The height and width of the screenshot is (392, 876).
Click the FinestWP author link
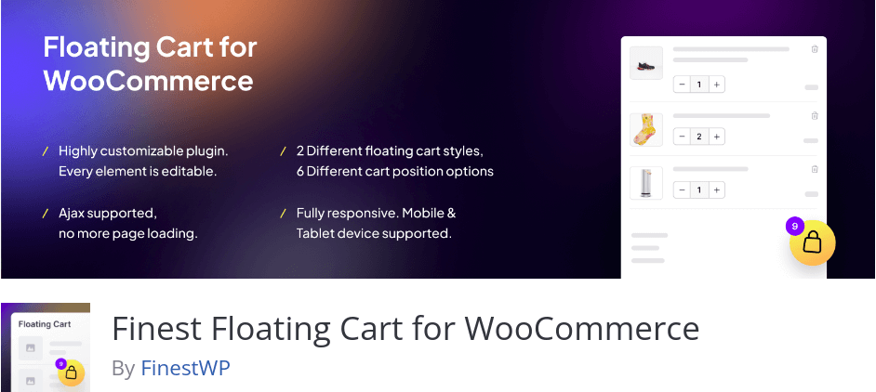[185, 368]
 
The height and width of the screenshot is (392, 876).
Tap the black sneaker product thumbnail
[645, 63]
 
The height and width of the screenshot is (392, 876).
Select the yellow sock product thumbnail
[645, 130]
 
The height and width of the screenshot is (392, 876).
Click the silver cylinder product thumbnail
[645, 183]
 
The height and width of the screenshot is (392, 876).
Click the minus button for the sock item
[682, 137]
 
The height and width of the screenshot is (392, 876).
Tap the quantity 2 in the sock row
[699, 137]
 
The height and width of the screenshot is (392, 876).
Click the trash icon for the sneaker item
[815, 49]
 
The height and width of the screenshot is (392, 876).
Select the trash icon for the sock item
[815, 115]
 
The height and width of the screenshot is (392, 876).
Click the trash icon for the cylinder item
[815, 169]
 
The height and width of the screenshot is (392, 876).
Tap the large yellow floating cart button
[813, 242]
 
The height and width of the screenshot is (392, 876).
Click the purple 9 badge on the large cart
[794, 226]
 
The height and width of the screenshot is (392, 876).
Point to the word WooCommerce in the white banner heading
[149, 82]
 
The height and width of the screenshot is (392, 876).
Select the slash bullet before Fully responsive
[284, 214]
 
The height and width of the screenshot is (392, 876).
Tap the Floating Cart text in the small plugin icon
[45, 324]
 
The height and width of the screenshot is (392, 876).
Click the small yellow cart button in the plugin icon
[72, 373]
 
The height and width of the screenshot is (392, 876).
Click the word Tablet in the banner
[314, 233]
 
